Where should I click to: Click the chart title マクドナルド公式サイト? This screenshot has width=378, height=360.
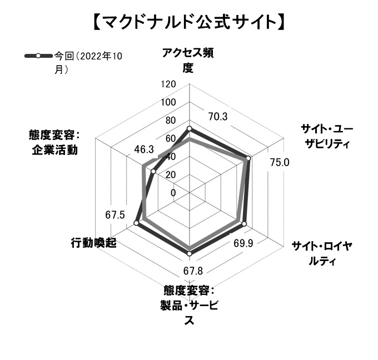click(189, 22)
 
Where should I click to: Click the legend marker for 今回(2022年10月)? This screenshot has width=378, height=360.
click(38, 56)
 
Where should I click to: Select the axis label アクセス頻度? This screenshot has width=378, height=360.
click(188, 60)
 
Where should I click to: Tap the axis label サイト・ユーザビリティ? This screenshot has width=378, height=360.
click(327, 136)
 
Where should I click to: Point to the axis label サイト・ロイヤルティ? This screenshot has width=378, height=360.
click(322, 254)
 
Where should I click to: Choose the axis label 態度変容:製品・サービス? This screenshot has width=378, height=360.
click(189, 305)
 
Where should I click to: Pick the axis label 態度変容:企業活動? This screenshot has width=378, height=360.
click(54, 142)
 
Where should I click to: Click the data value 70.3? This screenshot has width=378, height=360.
click(218, 117)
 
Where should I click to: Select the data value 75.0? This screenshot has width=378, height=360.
click(280, 163)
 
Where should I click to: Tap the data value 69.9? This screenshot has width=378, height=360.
click(243, 244)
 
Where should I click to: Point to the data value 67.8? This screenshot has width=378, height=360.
click(193, 271)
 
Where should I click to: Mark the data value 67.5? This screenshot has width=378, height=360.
click(115, 214)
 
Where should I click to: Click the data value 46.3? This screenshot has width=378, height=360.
click(144, 149)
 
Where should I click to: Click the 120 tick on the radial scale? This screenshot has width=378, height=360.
click(168, 84)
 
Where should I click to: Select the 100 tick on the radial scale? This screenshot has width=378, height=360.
click(168, 102)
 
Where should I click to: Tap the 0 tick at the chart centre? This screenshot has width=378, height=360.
click(173, 193)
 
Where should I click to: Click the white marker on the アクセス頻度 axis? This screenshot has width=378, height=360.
click(190, 128)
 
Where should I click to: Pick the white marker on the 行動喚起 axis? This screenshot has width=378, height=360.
click(136, 223)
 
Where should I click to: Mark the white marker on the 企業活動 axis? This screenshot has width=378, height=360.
click(153, 172)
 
